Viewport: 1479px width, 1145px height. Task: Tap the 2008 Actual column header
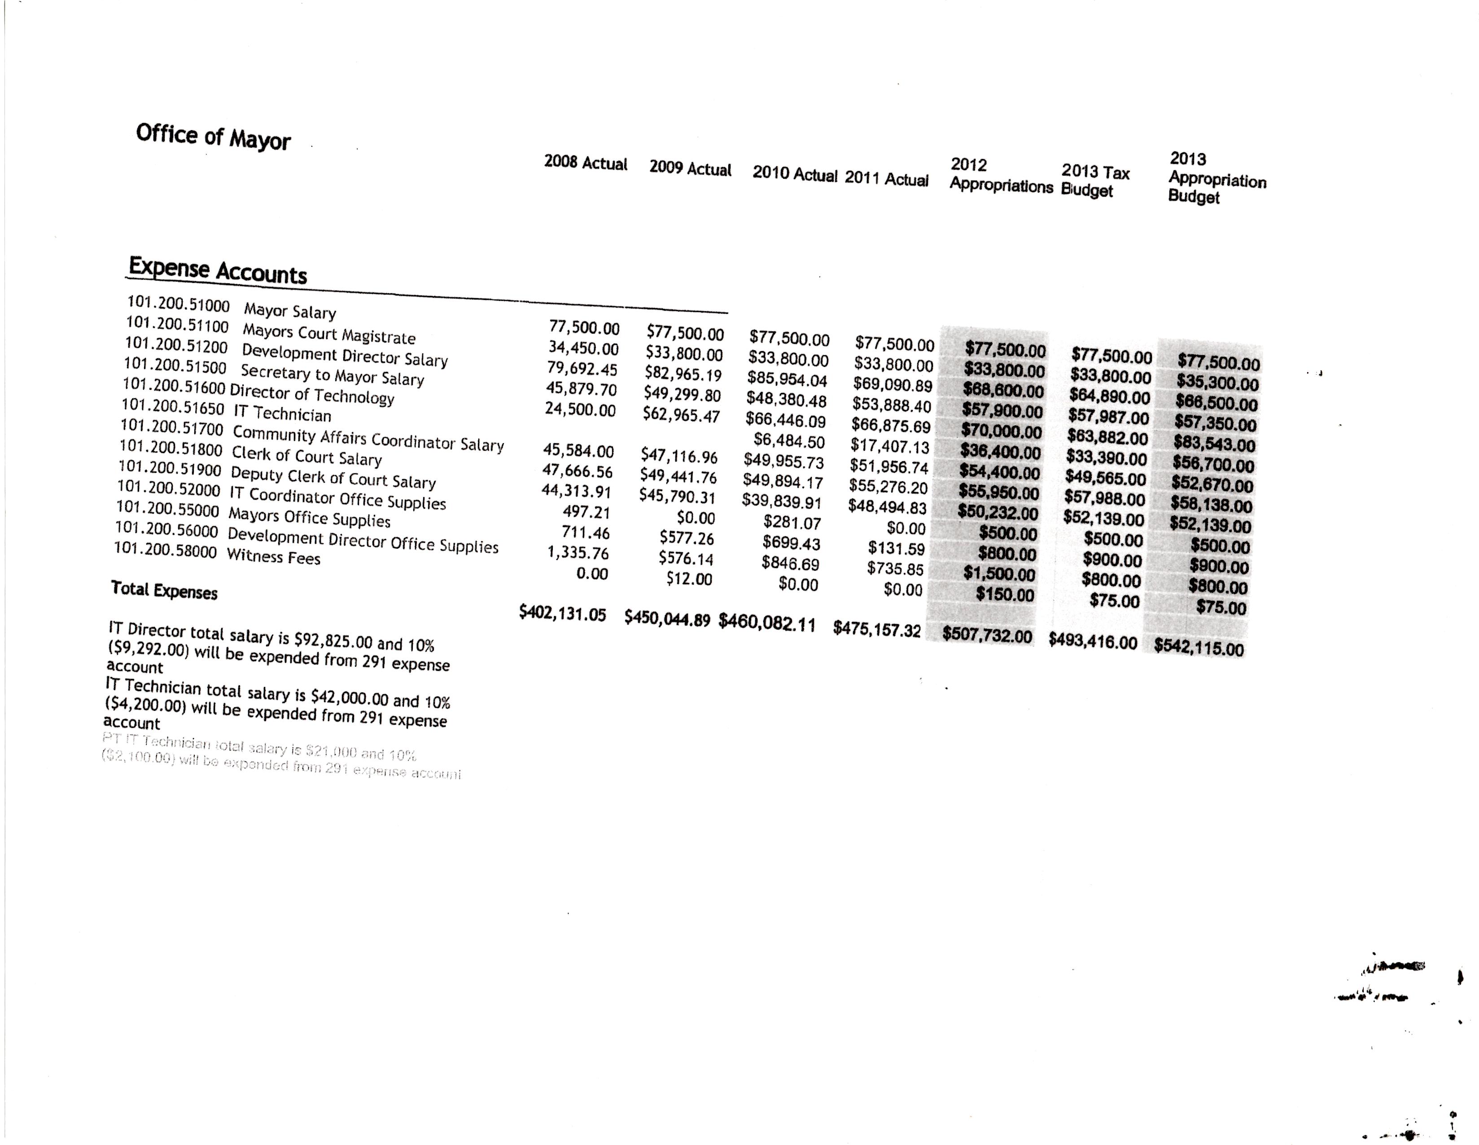coord(585,164)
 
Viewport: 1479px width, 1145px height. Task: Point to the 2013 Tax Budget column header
coord(1094,181)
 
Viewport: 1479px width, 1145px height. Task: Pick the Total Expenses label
coord(164,590)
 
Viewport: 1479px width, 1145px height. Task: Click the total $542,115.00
coord(1199,647)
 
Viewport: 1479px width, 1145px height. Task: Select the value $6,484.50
coord(789,442)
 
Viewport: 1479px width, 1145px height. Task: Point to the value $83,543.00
coord(1215,445)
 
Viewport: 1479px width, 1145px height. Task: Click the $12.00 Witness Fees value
coord(689,579)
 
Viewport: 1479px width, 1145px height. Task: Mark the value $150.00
coord(1005,595)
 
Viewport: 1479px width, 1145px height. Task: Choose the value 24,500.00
coord(580,410)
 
